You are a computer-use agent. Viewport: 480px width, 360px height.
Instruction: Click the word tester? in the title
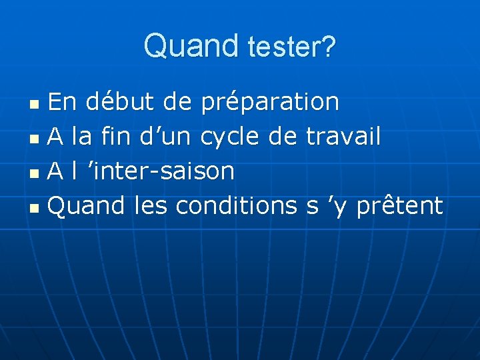tap(291, 47)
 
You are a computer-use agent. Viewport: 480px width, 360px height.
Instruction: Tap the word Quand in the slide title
tap(191, 46)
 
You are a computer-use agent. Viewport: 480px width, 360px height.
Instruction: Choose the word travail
tap(343, 137)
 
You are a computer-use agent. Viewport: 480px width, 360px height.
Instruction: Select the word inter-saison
tap(162, 171)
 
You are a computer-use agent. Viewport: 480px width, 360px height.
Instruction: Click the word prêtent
tap(399, 206)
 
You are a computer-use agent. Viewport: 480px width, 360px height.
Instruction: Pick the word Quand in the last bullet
tap(87, 207)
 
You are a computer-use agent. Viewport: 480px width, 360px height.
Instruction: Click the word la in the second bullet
tap(83, 137)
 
